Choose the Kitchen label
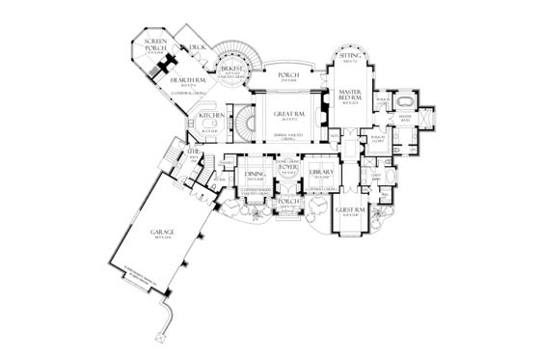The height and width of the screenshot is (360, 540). coord(212,114)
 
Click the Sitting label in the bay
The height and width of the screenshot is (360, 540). coord(352,59)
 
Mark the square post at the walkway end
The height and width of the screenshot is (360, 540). coord(157,337)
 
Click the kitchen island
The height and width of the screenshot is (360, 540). coord(213,126)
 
